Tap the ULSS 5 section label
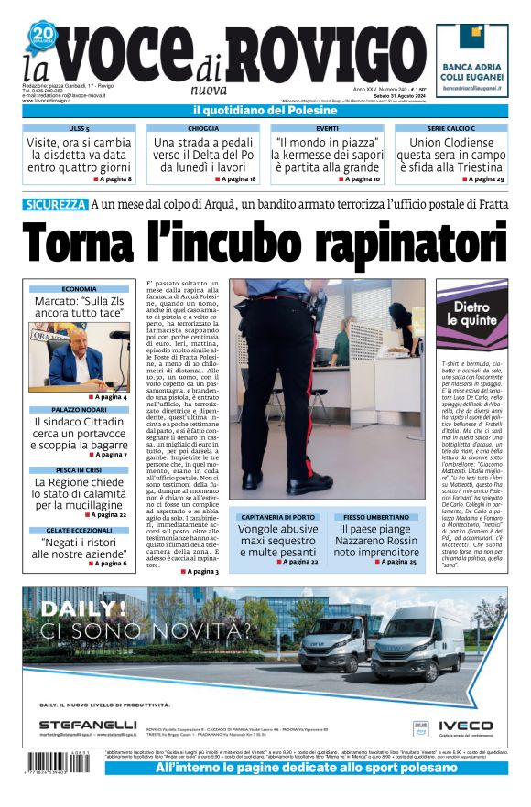(x=79, y=129)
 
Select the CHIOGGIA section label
(x=203, y=129)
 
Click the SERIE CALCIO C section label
(x=451, y=129)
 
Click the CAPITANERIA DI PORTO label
(x=277, y=517)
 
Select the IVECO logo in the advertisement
(x=464, y=725)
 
